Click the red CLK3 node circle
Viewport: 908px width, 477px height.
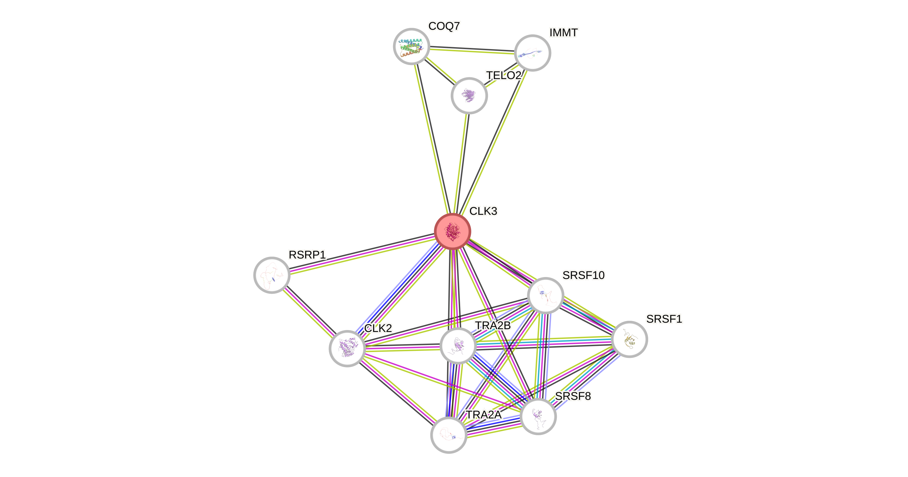(x=453, y=231)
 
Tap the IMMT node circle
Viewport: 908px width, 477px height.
(x=532, y=53)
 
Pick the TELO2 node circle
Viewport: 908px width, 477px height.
(x=469, y=95)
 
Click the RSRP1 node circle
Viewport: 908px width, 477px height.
(x=272, y=275)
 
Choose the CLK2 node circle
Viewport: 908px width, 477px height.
(x=347, y=348)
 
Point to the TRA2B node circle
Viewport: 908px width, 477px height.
(x=458, y=345)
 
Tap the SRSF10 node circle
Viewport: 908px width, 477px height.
(x=546, y=295)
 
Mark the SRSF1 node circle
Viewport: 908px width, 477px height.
(x=629, y=339)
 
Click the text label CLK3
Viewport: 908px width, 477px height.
(x=483, y=211)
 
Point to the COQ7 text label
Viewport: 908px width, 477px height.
(x=444, y=26)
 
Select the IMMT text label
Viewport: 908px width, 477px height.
(x=563, y=33)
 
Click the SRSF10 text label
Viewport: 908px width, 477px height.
(x=583, y=275)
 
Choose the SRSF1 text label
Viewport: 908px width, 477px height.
(x=664, y=319)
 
